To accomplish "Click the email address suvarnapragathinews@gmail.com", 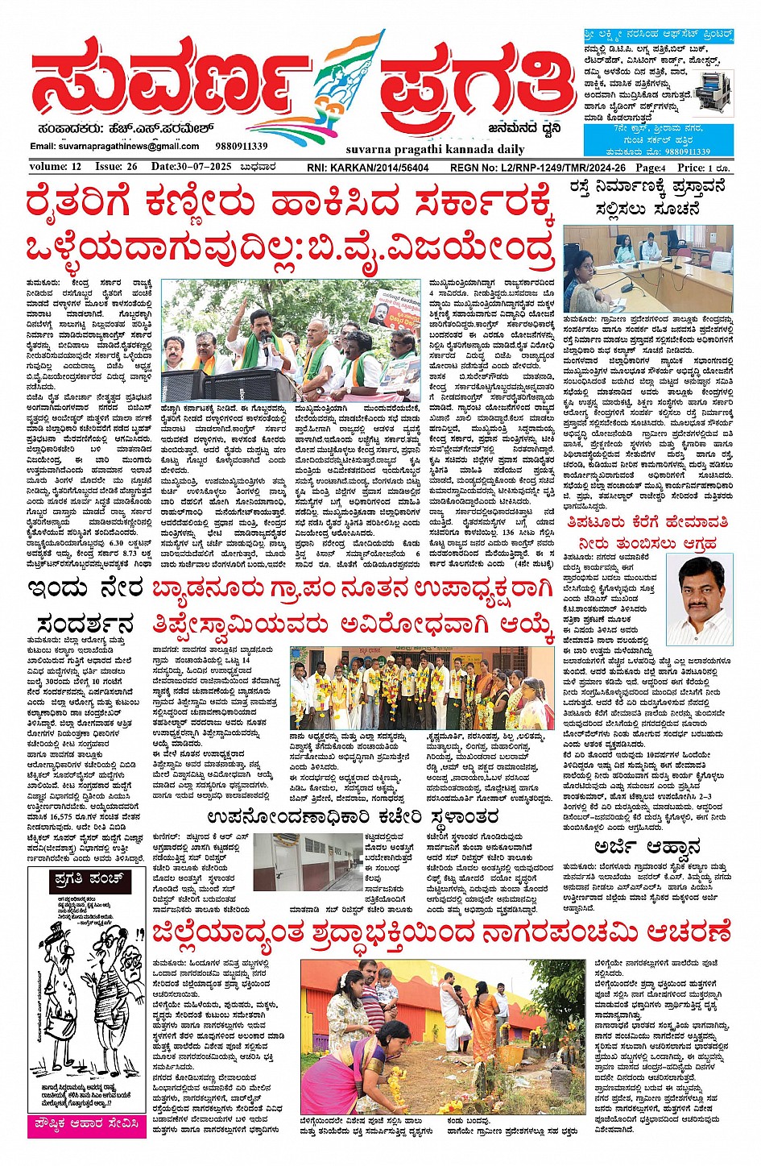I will tap(114, 146).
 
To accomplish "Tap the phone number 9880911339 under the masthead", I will tap(242, 146).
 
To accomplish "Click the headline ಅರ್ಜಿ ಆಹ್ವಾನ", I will tap(647, 847).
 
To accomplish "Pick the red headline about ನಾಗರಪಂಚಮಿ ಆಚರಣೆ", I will tap(441, 933).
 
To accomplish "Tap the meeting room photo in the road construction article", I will tap(649, 269).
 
